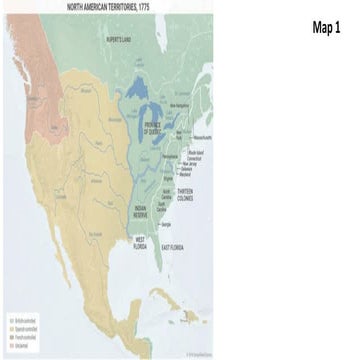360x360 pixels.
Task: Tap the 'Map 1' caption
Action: click(327, 27)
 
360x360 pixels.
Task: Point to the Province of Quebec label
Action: click(152, 130)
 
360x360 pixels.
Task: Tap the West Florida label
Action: click(141, 243)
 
